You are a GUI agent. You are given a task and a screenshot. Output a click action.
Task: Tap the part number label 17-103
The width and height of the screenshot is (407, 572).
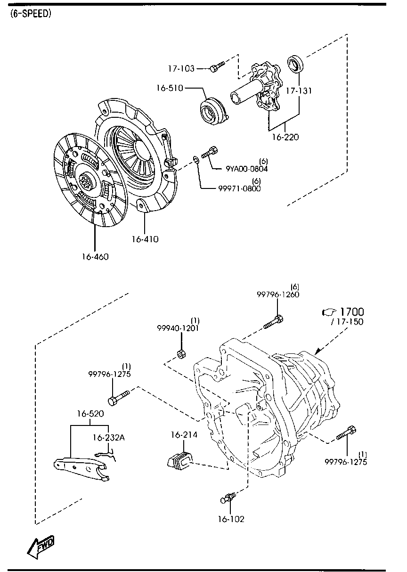coord(181,69)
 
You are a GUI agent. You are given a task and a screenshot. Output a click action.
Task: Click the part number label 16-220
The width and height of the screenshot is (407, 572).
coord(285,138)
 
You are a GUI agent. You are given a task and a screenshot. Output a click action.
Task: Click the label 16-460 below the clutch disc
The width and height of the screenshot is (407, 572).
coord(95,257)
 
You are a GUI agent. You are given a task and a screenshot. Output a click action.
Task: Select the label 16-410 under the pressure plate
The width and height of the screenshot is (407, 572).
coord(145,239)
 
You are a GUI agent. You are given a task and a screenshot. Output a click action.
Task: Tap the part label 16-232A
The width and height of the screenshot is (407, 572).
coord(108,437)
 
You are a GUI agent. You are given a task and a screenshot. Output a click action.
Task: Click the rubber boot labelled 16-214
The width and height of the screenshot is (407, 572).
coord(179,459)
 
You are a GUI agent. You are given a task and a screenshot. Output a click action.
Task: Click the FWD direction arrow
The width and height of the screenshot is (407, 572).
coord(41,546)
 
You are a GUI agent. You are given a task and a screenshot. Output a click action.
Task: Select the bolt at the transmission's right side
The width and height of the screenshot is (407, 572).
coord(347,433)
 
